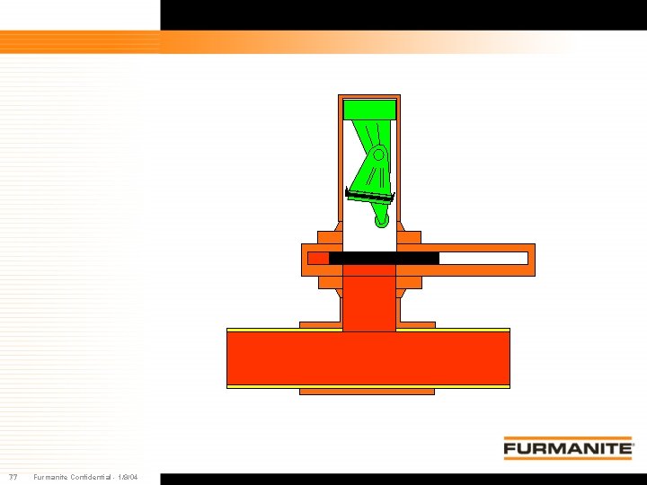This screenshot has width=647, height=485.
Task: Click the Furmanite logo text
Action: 568,448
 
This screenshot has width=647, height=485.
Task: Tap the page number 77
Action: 13,477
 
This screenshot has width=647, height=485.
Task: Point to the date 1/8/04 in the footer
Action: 128,477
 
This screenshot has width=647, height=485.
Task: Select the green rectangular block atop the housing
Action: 369,110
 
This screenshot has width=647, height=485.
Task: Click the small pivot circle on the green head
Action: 379,155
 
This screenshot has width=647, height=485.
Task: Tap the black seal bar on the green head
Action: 369,196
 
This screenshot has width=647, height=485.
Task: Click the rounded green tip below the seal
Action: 382,221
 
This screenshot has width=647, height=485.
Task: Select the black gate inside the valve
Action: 384,258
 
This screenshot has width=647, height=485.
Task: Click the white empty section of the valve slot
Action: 483,258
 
